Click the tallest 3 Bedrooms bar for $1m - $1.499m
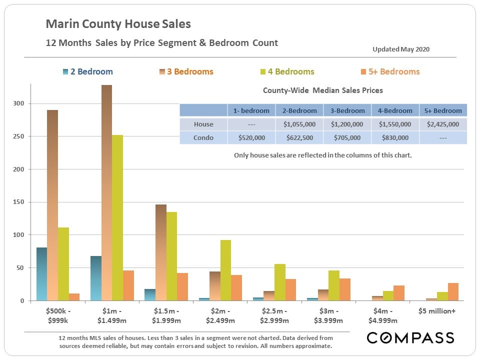106,192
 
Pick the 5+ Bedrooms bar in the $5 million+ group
453,291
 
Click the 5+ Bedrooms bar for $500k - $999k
74,297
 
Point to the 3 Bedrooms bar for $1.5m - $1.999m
160,252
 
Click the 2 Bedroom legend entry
86,71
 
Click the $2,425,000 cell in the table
443,124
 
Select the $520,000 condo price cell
251,138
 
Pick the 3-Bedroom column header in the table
347,110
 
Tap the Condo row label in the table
203,138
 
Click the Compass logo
410,338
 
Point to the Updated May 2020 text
401,49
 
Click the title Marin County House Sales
118,24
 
